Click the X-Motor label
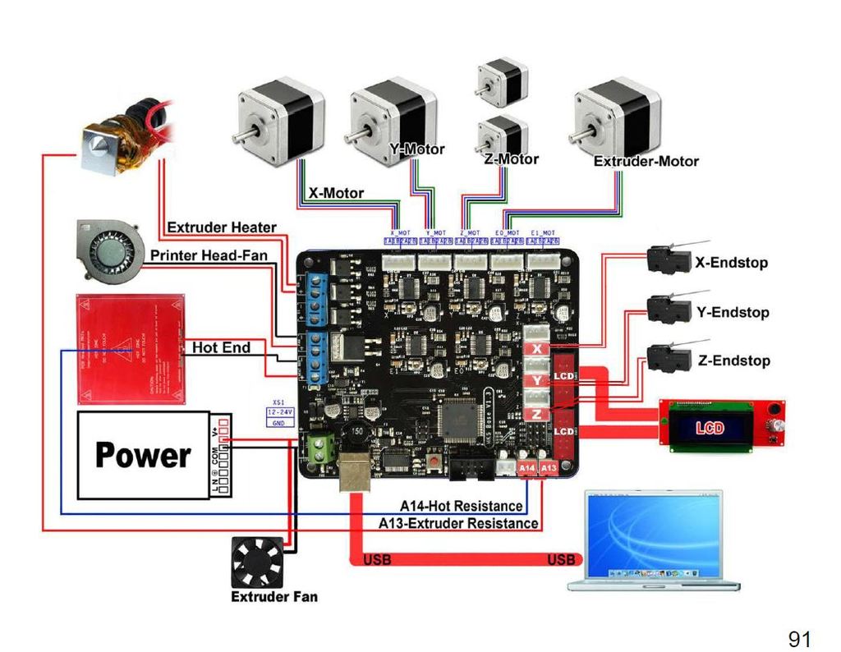pyautogui.click(x=336, y=194)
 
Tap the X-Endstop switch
pyautogui.click(x=667, y=259)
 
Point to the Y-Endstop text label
pyautogui.click(x=732, y=312)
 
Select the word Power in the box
pyautogui.click(x=143, y=455)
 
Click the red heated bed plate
pyautogui.click(x=129, y=349)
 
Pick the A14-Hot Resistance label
pyautogui.click(x=461, y=506)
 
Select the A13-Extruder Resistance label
pyautogui.click(x=458, y=523)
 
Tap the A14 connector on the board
pyautogui.click(x=527, y=467)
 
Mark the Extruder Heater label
pyautogui.click(x=221, y=227)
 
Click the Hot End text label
pyautogui.click(x=221, y=347)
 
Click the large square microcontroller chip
pyautogui.click(x=462, y=420)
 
